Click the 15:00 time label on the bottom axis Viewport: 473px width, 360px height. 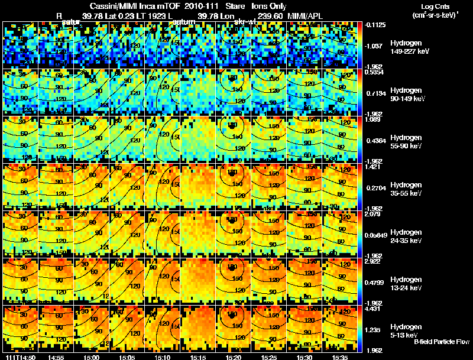point(91,357)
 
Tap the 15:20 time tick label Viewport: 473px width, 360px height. point(233,357)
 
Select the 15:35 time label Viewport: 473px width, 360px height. point(340,357)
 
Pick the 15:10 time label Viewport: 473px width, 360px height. point(162,357)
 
